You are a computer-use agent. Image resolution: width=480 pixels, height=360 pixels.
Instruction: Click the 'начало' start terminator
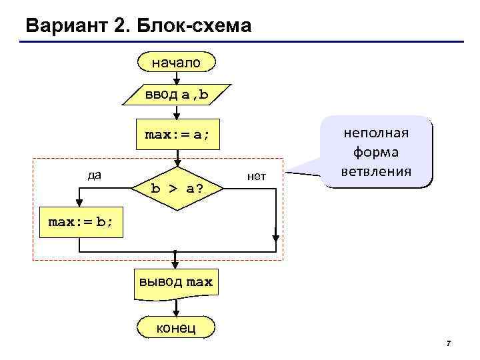point(177,63)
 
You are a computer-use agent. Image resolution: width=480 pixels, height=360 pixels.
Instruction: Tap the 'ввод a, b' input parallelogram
point(177,95)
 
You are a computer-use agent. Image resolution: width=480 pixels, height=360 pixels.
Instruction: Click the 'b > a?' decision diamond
point(177,188)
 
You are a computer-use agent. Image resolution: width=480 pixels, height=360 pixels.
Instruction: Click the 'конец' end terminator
point(176,327)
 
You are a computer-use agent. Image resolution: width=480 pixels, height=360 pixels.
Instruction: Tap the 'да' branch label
point(95,175)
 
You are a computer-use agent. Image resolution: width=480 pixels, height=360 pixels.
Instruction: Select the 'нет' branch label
point(256,177)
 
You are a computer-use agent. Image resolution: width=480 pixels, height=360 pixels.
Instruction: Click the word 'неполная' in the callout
point(377,133)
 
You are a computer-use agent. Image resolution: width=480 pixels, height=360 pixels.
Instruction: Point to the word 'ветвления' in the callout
point(377,171)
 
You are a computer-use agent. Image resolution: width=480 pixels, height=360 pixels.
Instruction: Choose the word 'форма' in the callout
point(377,152)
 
